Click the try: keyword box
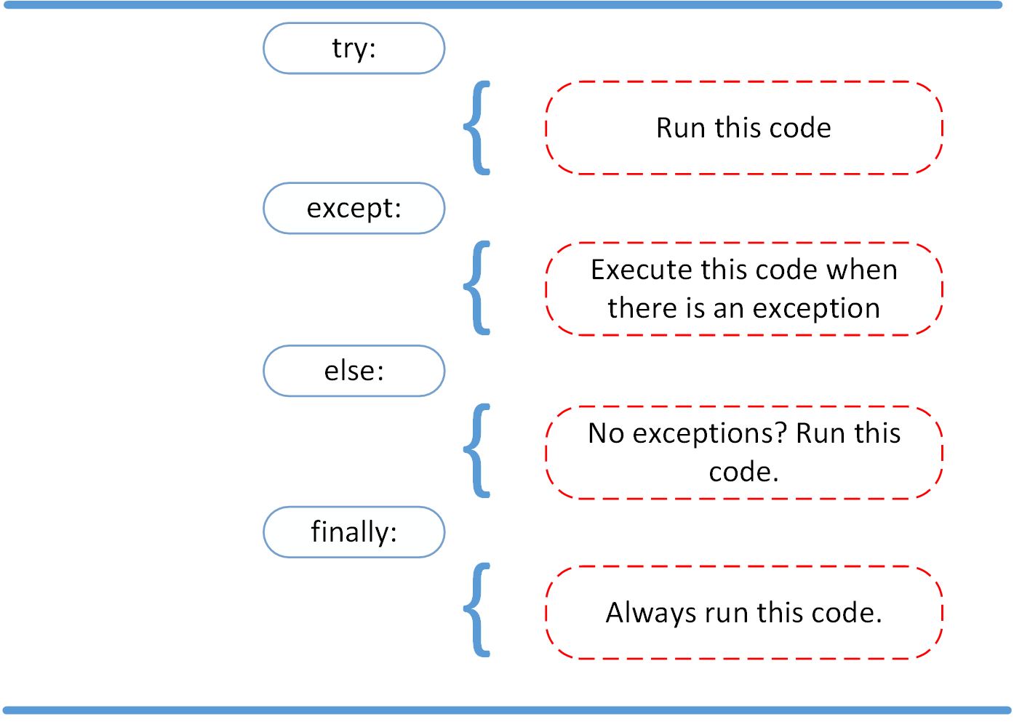point(354,48)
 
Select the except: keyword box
point(354,209)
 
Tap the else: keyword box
point(354,371)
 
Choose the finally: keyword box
point(354,532)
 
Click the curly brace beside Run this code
point(478,128)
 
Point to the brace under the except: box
point(478,288)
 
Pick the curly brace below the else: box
point(478,451)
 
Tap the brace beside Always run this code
point(478,610)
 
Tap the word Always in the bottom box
point(651,613)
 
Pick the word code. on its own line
point(743,473)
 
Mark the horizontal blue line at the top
point(507,5)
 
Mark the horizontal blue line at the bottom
point(507,710)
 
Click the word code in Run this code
point(799,128)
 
